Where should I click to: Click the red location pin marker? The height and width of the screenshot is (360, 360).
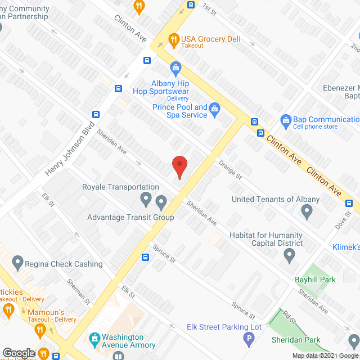[x=179, y=166]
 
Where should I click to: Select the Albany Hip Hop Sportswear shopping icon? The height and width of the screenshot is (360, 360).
[x=175, y=69]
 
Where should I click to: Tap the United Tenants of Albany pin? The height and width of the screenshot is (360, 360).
[x=307, y=211]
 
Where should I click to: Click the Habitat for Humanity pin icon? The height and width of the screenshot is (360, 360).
[x=289, y=256]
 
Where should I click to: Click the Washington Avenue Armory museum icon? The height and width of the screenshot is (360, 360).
[x=94, y=339]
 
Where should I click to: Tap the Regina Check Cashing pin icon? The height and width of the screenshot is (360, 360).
[x=17, y=262]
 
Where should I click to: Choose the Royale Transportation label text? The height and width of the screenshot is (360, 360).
[x=120, y=187]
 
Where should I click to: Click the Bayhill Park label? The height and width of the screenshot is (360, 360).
[x=315, y=278]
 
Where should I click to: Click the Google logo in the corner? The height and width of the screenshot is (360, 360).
[x=18, y=353]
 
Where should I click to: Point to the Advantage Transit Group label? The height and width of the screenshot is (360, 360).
[x=130, y=217]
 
